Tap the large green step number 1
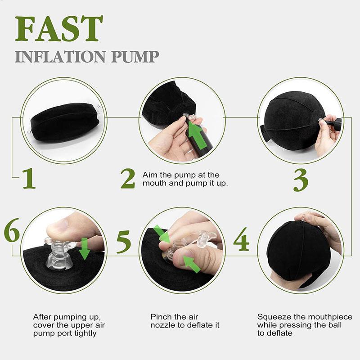coord(28,179)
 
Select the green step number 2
coord(127,179)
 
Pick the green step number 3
coord(301,180)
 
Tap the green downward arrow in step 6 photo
coord(84,249)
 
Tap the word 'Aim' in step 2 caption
coord(149,175)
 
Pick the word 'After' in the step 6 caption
coord(42,317)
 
